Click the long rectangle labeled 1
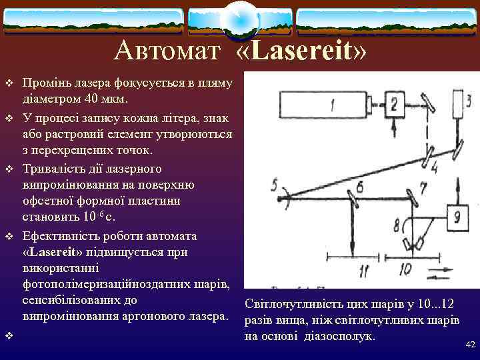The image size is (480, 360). (323, 104)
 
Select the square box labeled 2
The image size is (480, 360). (393, 104)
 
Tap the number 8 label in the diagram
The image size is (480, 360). (397, 223)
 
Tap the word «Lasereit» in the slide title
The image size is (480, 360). (301, 51)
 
